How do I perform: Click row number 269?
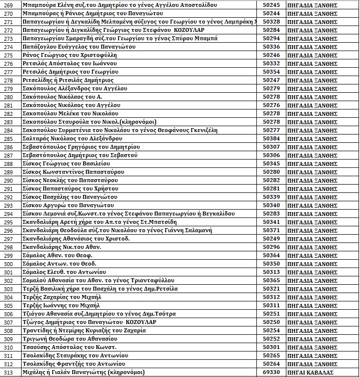pyautogui.click(x=7, y=5)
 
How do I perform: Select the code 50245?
pyautogui.click(x=271, y=5)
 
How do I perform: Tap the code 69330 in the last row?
pyautogui.click(x=271, y=373)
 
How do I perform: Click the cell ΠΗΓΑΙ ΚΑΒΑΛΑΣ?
pyautogui.click(x=312, y=373)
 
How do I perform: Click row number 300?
pyautogui.click(x=7, y=264)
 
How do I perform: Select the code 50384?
pyautogui.click(x=271, y=138)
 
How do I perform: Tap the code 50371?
pyautogui.click(x=271, y=230)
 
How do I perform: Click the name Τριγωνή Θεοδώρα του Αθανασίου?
pyautogui.click(x=70, y=339)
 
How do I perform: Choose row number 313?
pyautogui.click(x=7, y=373)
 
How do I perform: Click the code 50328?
pyautogui.click(x=271, y=22)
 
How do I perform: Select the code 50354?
pyautogui.click(x=271, y=72)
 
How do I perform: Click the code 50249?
pyautogui.click(x=271, y=239)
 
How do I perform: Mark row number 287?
pyautogui.click(x=7, y=155)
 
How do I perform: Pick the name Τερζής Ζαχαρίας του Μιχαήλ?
pyautogui.click(x=62, y=297)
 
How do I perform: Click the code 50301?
pyautogui.click(x=271, y=348)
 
